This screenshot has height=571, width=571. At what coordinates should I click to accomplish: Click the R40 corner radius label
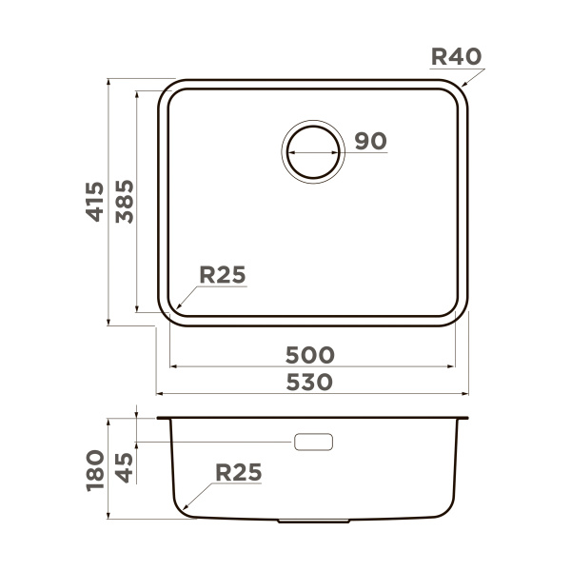(x=457, y=56)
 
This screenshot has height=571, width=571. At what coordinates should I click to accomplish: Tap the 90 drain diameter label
(x=370, y=141)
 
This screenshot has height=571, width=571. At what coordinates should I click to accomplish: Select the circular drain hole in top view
(x=312, y=150)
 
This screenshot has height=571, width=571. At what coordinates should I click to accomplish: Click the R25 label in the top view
(x=223, y=275)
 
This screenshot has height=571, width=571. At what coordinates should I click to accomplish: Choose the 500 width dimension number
(x=310, y=355)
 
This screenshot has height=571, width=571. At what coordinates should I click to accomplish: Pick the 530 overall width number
(x=310, y=382)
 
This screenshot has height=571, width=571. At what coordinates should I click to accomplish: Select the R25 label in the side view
(x=238, y=471)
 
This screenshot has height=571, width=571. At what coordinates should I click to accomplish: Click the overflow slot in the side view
(x=314, y=443)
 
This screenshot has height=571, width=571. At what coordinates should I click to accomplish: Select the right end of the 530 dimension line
(x=469, y=392)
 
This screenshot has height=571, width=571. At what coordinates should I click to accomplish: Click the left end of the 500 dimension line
(x=168, y=365)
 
